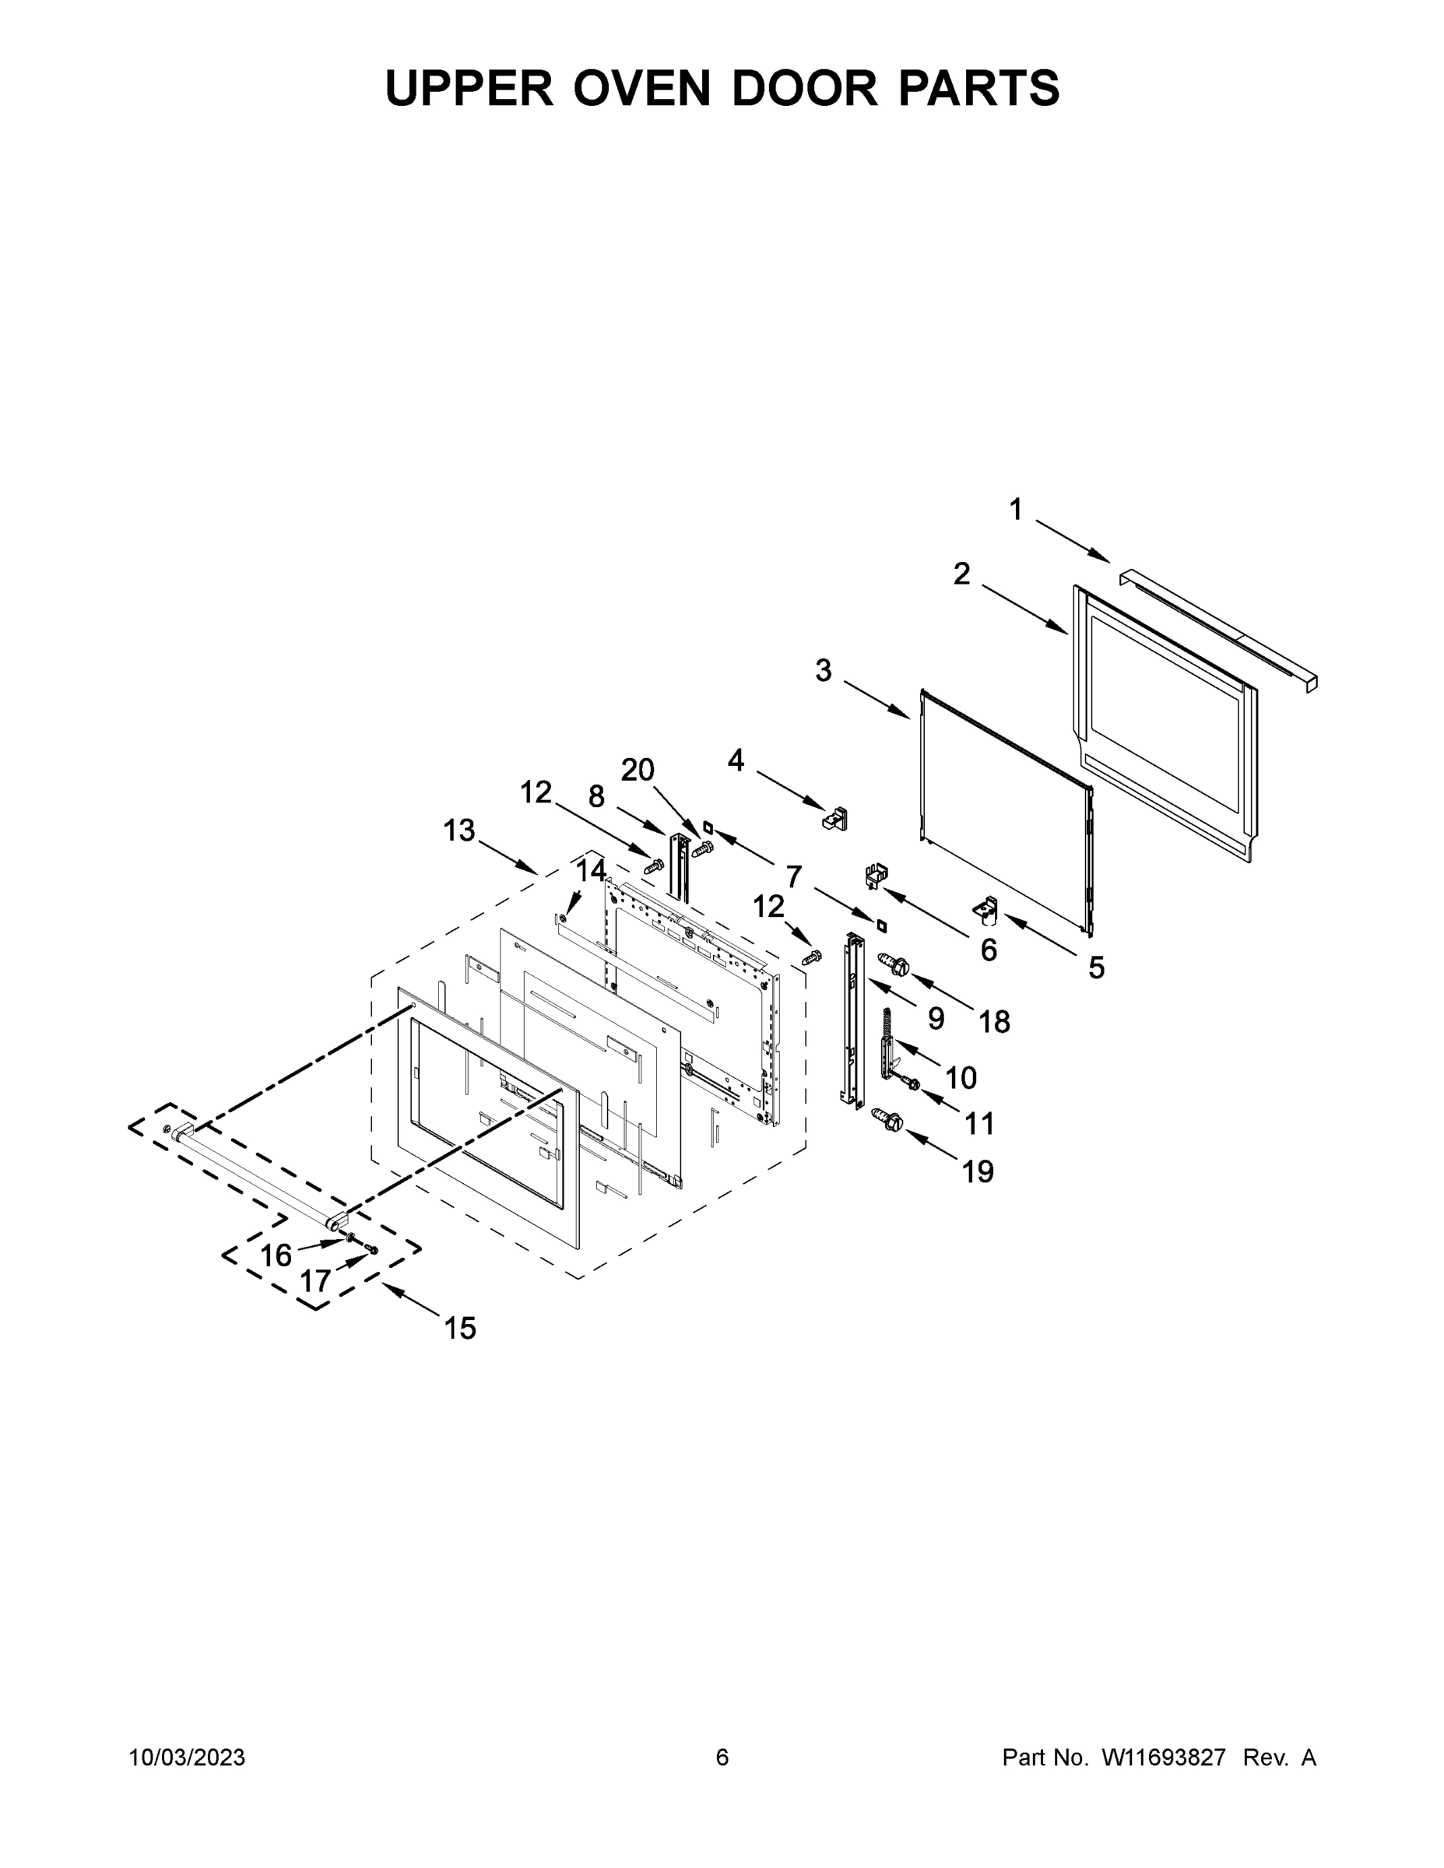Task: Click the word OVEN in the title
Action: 641,88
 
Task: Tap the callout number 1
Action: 1015,510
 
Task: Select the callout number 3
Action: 823,671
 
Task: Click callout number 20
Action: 638,771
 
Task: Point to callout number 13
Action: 459,830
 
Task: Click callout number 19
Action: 978,1171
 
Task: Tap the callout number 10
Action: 961,1078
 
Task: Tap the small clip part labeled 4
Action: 835,819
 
